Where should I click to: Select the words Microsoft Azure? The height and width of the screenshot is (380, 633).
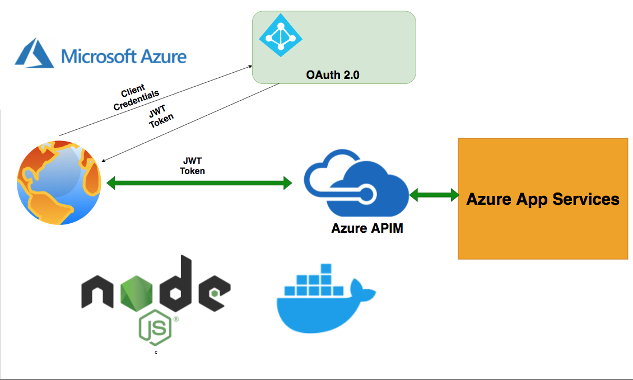pyautogui.click(x=124, y=56)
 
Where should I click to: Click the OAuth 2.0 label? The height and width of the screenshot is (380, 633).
pyautogui.click(x=333, y=74)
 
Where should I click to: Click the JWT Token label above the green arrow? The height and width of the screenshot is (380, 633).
pyautogui.click(x=192, y=166)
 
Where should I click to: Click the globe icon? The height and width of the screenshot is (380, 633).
pyautogui.click(x=59, y=181)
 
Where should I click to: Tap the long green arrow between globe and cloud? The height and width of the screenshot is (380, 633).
pyautogui.click(x=199, y=182)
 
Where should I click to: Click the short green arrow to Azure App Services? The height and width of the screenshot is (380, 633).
pyautogui.click(x=434, y=195)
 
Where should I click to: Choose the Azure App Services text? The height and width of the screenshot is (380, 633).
pyautogui.click(x=543, y=199)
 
